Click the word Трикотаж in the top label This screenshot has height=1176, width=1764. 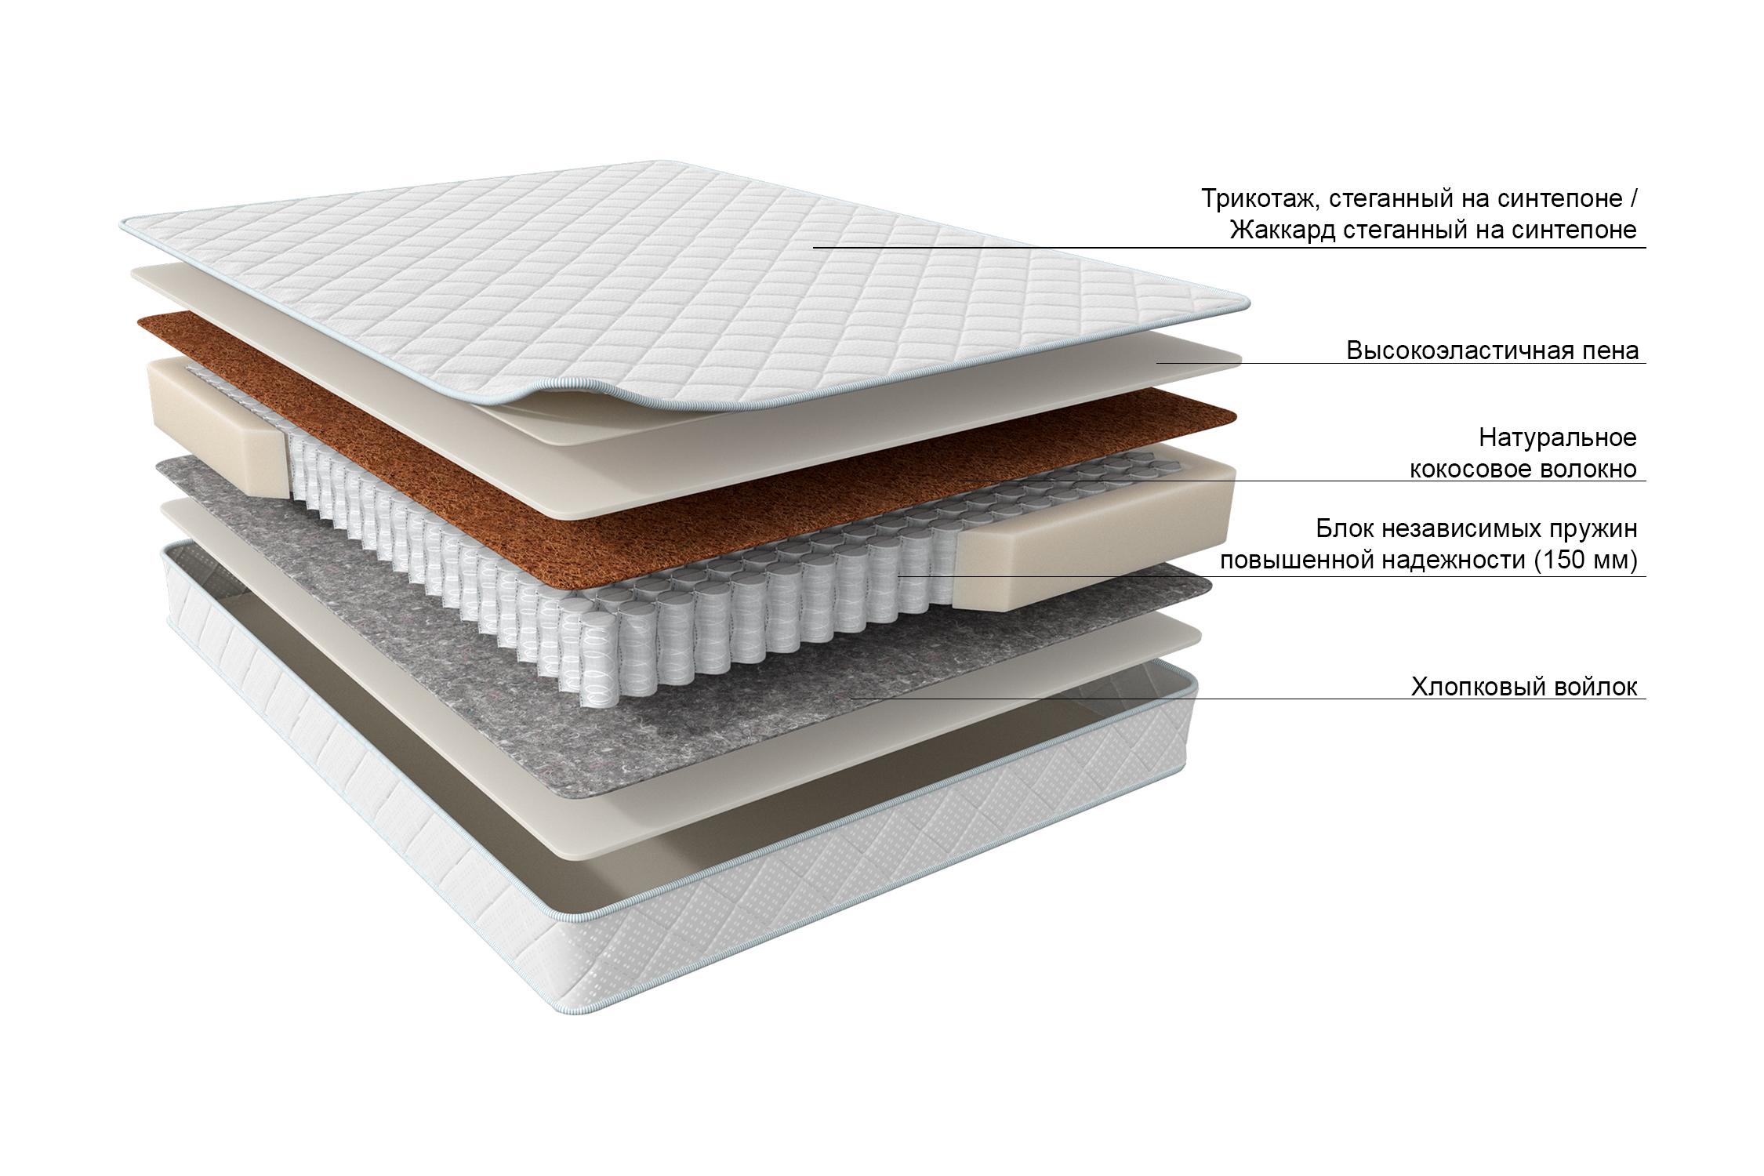pos(1254,199)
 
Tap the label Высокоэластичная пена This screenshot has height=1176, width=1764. pos(1492,350)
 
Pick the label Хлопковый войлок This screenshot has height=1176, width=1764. pos(1523,687)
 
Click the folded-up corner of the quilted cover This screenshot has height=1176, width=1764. pos(549,392)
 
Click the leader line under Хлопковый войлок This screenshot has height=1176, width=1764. pos(1254,699)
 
